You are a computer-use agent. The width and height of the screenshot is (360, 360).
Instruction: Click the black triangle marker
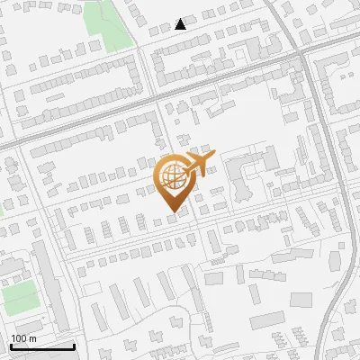(x=181, y=23)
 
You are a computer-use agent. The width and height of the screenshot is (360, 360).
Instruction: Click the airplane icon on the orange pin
(x=198, y=164)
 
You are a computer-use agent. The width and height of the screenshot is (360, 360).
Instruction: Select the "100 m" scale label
(x=23, y=338)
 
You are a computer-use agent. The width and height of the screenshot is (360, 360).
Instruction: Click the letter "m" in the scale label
(x=33, y=338)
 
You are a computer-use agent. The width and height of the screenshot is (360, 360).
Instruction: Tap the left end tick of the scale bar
(x=10, y=345)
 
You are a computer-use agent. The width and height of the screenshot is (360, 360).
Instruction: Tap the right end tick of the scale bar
(x=74, y=345)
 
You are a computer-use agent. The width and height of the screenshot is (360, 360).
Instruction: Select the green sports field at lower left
(x=20, y=296)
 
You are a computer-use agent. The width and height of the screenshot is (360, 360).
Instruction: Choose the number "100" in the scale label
(x=19, y=338)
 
